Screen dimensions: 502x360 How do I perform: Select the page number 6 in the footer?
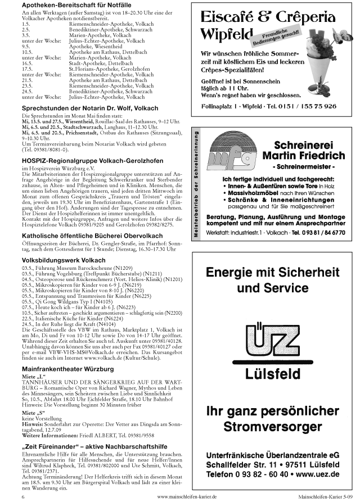23,497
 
